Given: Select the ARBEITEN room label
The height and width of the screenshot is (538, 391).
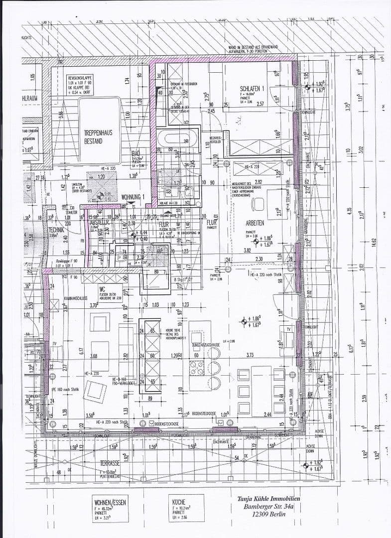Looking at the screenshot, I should pos(255,223).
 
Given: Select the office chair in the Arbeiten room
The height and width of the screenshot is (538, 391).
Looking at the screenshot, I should pos(258,204).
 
